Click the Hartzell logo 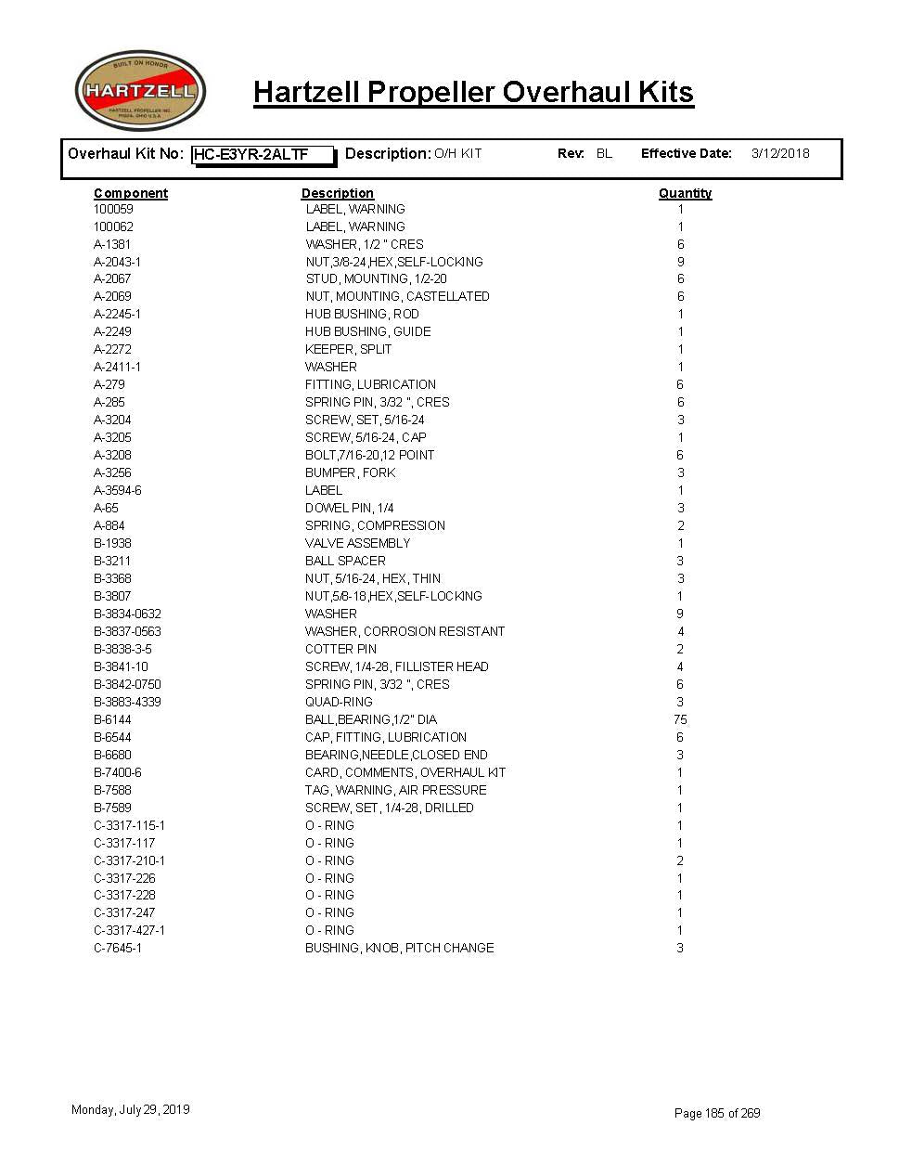140,91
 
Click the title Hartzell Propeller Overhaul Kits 473,93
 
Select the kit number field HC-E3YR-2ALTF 263,155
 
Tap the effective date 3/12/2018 779,154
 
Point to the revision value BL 604,154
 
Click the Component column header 131,193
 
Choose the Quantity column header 685,193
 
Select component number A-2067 112,278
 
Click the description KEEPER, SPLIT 348,349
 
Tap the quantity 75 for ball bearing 680,719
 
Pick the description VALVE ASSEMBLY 357,543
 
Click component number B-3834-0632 127,614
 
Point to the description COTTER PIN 340,649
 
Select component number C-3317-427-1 129,930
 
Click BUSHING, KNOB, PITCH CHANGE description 399,948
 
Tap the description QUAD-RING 339,702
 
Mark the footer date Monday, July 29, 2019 130,1109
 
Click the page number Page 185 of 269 717,1113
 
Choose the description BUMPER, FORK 350,472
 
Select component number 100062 113,226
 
